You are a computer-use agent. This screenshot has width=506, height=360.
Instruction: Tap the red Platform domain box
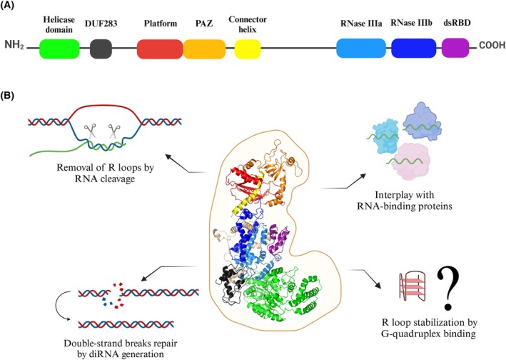[x=159, y=49]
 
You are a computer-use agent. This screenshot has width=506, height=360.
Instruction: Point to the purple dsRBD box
[x=455, y=49]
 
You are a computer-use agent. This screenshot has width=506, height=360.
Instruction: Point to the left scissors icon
[x=90, y=133]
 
